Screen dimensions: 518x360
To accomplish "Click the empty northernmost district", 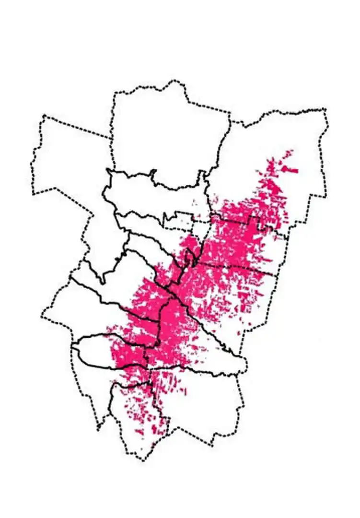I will [x=168, y=134].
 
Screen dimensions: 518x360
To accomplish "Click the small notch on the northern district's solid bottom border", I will [x=153, y=173].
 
